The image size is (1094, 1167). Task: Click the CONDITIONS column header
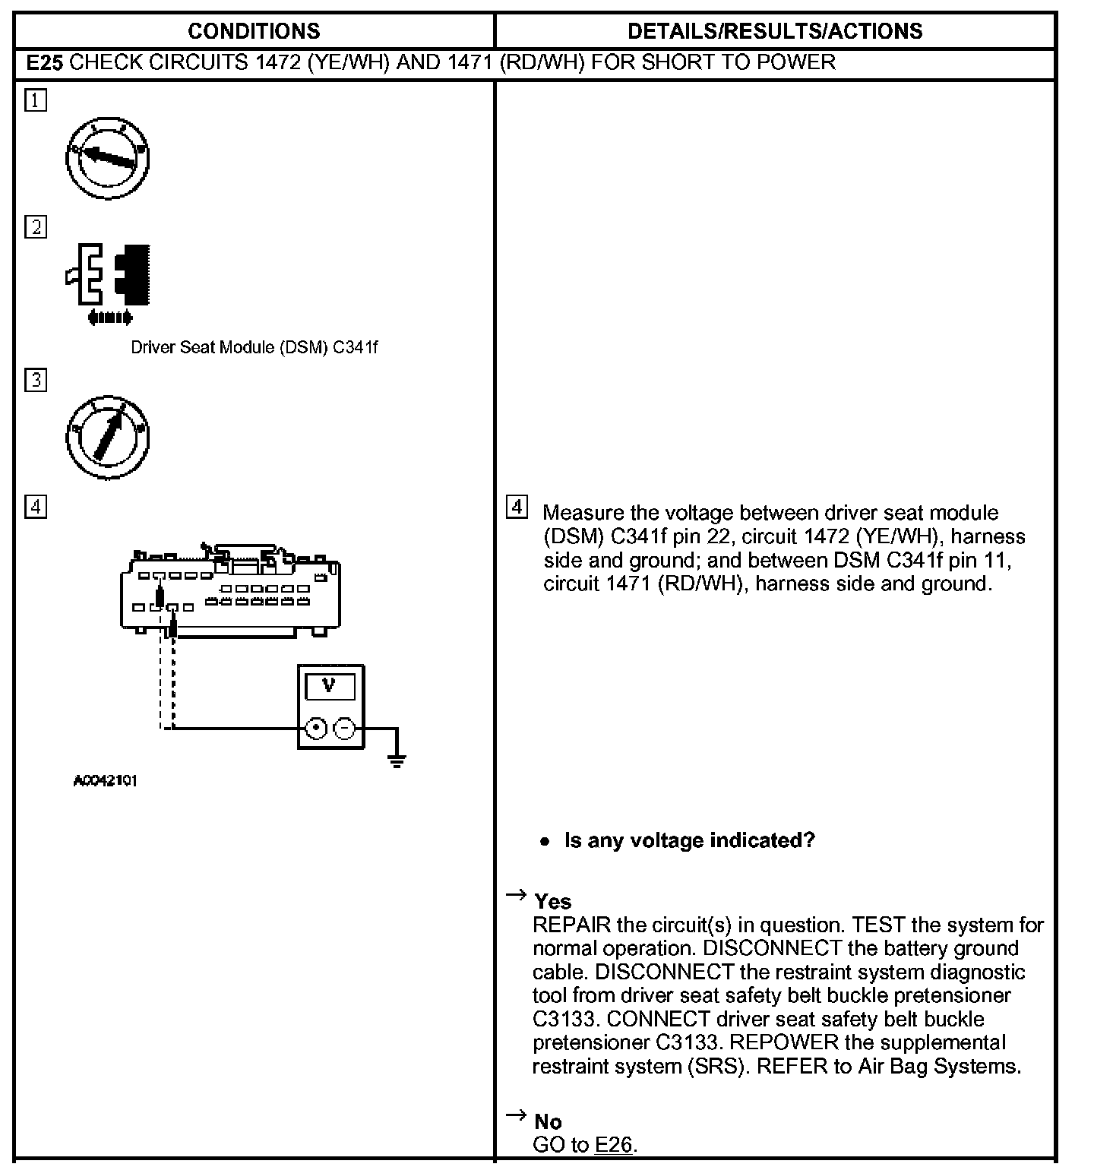click(x=254, y=31)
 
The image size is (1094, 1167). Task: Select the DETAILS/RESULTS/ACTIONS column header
click(x=775, y=31)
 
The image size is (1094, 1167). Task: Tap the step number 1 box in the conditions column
click(x=36, y=100)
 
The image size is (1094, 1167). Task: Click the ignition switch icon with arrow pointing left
click(x=108, y=158)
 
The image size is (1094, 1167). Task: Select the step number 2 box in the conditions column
click(x=36, y=226)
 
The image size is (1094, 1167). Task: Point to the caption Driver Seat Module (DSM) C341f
click(x=254, y=347)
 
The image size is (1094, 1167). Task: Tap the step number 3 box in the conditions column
click(x=36, y=379)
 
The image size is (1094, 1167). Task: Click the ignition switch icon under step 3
click(x=108, y=437)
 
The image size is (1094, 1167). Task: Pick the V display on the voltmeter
click(x=329, y=686)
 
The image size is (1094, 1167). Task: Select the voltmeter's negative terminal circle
click(x=345, y=729)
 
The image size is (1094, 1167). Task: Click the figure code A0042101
click(x=106, y=780)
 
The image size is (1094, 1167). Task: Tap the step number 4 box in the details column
click(x=517, y=507)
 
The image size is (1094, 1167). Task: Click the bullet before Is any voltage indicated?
click(x=544, y=841)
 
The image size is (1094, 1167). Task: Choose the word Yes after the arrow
click(x=552, y=901)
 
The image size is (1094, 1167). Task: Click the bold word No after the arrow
click(x=548, y=1121)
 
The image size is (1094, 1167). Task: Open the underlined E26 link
click(x=614, y=1145)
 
